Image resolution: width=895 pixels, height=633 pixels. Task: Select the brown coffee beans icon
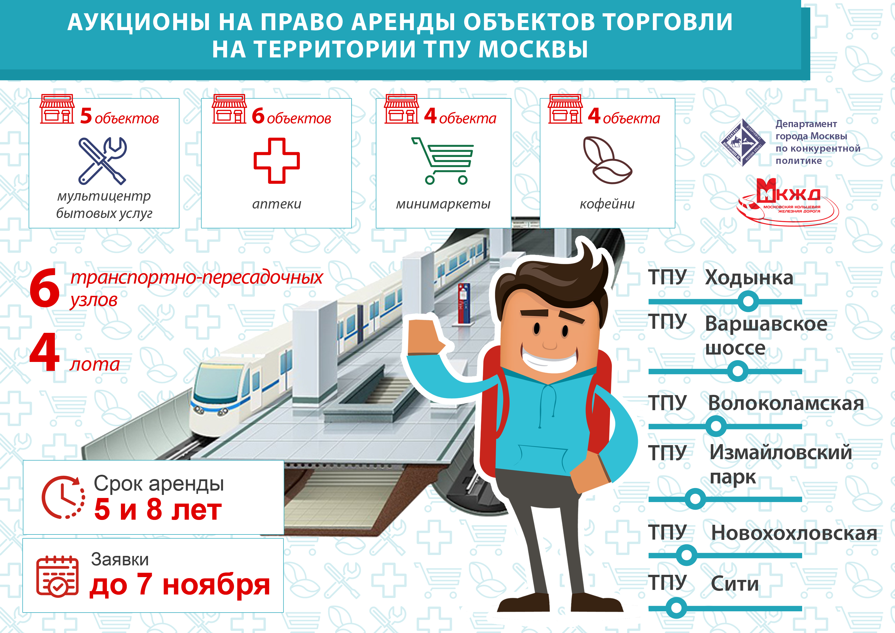[607, 160]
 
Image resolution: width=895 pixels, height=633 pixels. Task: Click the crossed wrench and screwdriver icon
[103, 161]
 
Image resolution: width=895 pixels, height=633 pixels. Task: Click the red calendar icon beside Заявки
[57, 576]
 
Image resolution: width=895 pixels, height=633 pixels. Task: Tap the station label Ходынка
[749, 278]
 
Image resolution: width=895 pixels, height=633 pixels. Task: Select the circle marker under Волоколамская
[716, 426]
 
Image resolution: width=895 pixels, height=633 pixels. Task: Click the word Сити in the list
[735, 584]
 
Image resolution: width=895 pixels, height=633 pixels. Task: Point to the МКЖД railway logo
[787, 202]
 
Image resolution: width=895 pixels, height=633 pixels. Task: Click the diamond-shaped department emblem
[742, 143]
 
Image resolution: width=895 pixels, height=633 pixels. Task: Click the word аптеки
[277, 204]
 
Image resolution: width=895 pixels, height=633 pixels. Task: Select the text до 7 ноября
[180, 585]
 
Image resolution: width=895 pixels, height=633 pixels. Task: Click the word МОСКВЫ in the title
[533, 50]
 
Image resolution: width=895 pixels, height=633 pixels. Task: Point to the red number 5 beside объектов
[86, 116]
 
